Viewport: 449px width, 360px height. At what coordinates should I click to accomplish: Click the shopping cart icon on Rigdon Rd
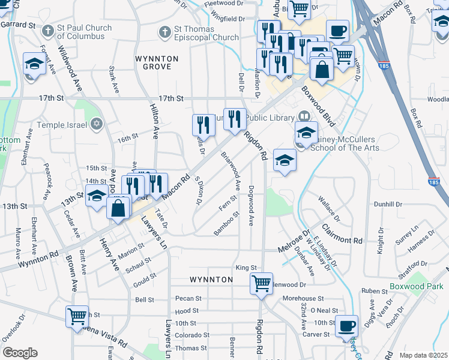pos(261,283)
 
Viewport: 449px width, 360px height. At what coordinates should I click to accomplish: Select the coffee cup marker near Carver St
pos(346,326)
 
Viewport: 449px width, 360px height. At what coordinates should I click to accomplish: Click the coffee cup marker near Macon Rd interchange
pos(337,30)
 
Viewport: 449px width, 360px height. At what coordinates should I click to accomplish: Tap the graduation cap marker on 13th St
pos(96,196)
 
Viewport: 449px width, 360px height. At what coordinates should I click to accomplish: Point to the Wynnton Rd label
pos(38,259)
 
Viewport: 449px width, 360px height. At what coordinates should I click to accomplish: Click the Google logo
pos(20,353)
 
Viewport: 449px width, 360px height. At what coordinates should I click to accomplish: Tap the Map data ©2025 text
pos(423,355)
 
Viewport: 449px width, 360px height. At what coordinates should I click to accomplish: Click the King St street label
pos(246,268)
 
